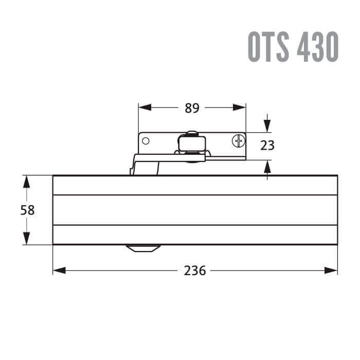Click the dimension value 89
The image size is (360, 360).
click(192, 108)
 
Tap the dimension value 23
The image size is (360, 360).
click(267, 146)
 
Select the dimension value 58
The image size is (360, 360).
click(28, 210)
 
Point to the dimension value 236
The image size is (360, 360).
click(195, 271)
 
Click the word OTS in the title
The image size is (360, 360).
click(268, 47)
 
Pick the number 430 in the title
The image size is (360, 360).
click(317, 47)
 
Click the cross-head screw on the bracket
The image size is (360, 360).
click(239, 141)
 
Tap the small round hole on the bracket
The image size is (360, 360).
click(146, 141)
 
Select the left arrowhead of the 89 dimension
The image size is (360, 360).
click(145, 107)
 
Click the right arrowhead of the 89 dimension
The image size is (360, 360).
click(240, 107)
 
